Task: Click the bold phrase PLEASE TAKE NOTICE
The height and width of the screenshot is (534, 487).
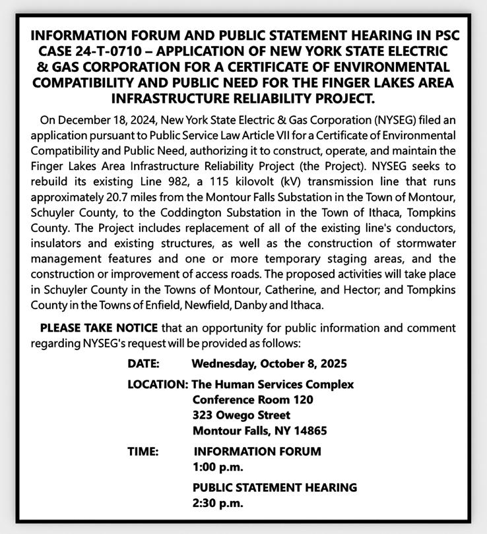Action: tap(99, 328)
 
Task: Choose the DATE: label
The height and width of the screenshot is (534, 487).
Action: tap(143, 363)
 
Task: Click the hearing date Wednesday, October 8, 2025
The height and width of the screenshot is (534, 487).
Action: tap(269, 363)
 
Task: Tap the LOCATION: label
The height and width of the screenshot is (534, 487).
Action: tap(157, 384)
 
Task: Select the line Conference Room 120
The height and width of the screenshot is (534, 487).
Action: tap(253, 400)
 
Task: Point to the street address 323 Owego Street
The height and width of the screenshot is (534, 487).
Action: tap(242, 415)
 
